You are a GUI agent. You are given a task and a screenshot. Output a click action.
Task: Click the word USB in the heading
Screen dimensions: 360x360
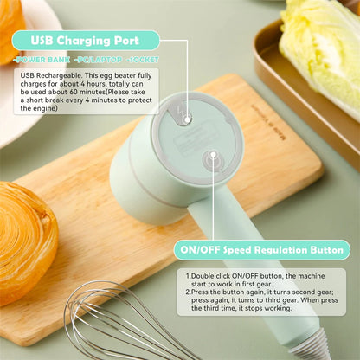[46, 40]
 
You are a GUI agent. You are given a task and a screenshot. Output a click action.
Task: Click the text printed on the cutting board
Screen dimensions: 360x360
[266, 119]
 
